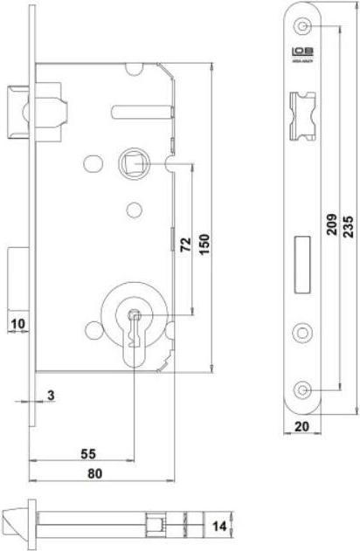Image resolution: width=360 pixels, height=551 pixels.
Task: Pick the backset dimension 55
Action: tap(88, 453)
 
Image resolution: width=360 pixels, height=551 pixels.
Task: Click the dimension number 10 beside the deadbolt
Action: tap(17, 324)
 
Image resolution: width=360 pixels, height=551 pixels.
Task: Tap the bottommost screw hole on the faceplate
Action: tap(304, 389)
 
